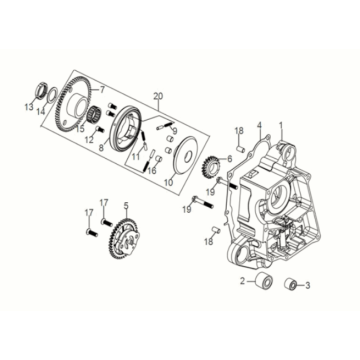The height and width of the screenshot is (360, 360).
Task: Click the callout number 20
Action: click(159, 96)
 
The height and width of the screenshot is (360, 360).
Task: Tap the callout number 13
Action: click(29, 107)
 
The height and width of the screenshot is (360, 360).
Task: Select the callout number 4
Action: click(260, 126)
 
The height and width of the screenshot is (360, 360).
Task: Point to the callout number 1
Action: click(281, 125)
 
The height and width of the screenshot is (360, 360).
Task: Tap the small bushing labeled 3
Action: click(291, 285)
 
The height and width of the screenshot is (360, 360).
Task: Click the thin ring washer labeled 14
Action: click(51, 95)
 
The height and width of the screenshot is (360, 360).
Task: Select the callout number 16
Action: click(152, 171)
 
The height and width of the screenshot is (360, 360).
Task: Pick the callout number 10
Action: click(168, 184)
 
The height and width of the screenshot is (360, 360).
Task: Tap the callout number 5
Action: click(126, 206)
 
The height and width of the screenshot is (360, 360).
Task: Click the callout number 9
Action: click(175, 130)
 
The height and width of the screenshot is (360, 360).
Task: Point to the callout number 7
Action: click(102, 89)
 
